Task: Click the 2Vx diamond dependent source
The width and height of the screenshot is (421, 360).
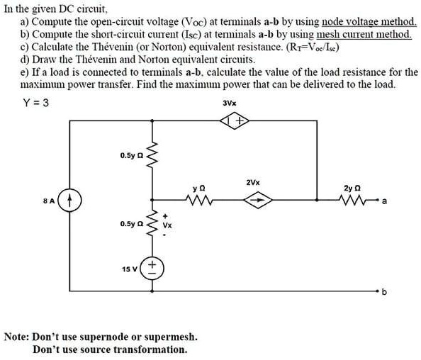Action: click(x=253, y=201)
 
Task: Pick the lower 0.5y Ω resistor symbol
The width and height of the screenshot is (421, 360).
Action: click(x=150, y=223)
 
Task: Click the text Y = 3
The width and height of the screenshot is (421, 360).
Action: click(x=35, y=102)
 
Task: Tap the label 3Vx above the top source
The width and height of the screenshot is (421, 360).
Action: click(x=230, y=103)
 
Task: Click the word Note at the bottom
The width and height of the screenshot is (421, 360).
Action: click(x=18, y=336)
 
